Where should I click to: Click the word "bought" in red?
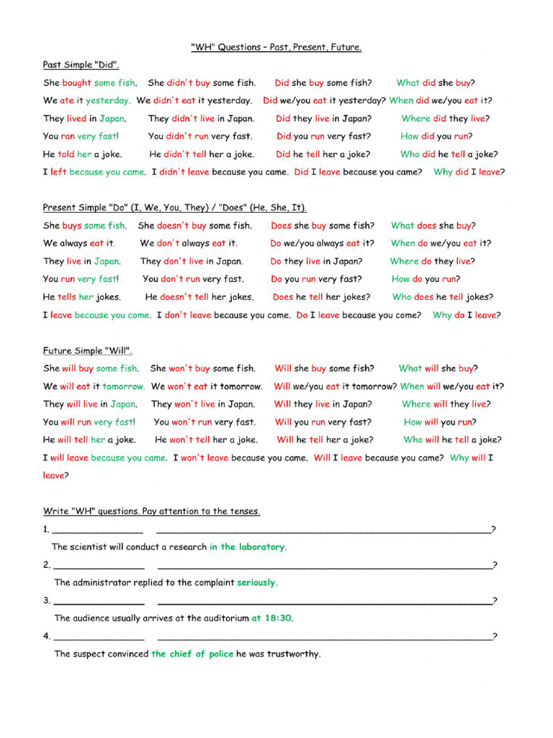tap(76, 83)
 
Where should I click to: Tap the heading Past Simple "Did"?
tap(81, 65)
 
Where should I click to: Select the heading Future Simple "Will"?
tap(87, 351)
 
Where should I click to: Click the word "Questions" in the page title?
tap(240, 48)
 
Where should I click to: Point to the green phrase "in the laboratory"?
tap(247, 547)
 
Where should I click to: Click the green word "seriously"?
tap(256, 582)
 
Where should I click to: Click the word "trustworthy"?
tap(293, 654)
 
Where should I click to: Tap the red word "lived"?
tap(76, 119)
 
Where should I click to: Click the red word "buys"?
tap(71, 226)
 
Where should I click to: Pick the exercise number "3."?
tap(47, 600)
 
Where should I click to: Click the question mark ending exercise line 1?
tap(493, 530)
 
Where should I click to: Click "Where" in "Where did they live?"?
tap(415, 119)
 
